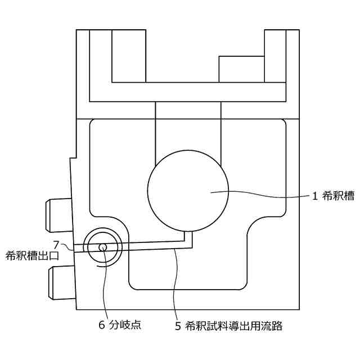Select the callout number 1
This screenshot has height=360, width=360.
click(x=316, y=196)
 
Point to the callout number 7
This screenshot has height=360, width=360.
click(x=56, y=244)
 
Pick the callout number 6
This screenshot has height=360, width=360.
click(x=102, y=325)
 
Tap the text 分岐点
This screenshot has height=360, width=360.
click(x=124, y=325)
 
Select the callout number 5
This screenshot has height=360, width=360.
click(x=178, y=325)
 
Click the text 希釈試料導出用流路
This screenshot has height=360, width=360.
click(x=236, y=325)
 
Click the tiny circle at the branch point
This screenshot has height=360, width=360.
click(x=102, y=247)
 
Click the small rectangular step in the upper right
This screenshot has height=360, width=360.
click(x=241, y=69)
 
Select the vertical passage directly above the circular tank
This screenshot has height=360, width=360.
click(x=188, y=129)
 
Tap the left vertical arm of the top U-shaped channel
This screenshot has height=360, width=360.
click(x=101, y=62)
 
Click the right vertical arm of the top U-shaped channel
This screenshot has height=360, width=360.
click(x=275, y=62)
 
